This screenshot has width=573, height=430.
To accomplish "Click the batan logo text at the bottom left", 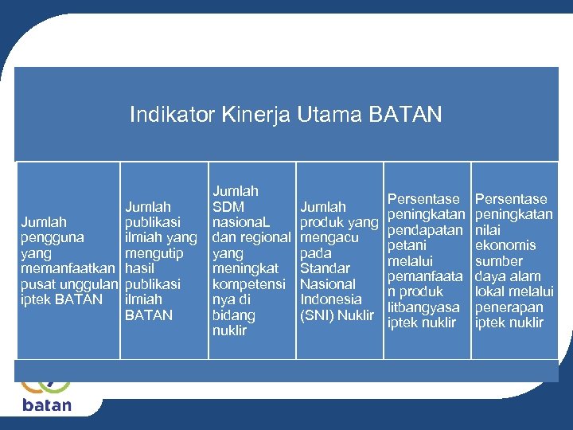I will tap(46, 405).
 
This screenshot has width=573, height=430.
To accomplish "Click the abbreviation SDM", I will tap(228, 207).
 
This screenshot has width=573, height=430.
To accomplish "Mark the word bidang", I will tap(233, 315).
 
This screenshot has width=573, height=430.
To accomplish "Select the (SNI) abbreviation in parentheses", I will tap(318, 315).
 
